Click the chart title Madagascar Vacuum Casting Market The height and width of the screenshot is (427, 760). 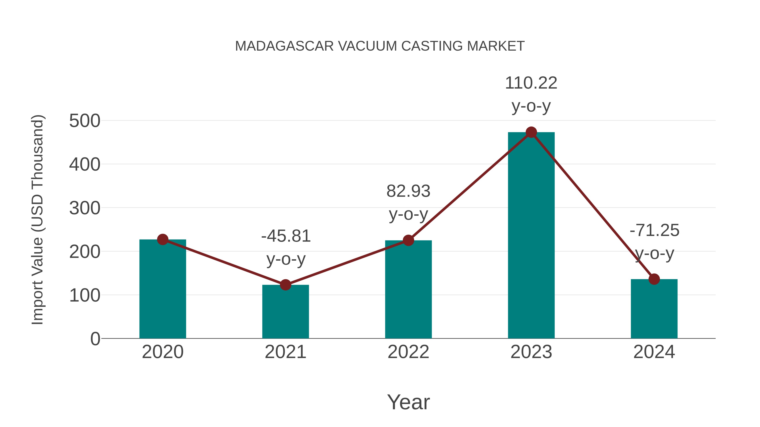(380, 46)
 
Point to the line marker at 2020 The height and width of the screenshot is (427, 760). (163, 240)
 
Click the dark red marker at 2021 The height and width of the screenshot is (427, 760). (285, 285)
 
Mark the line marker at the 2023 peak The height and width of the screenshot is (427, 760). (531, 132)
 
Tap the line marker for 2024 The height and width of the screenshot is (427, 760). (654, 279)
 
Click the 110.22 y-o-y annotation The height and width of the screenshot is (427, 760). (531, 83)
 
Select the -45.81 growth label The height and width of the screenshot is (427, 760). (286, 236)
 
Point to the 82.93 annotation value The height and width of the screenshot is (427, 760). (408, 191)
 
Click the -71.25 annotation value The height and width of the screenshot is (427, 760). (654, 230)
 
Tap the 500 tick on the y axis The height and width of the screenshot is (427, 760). (85, 121)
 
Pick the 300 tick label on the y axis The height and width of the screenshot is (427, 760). (85, 208)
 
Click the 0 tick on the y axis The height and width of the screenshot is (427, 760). (95, 339)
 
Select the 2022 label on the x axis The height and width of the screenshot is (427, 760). (408, 352)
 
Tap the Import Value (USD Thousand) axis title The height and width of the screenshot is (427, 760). (38, 220)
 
